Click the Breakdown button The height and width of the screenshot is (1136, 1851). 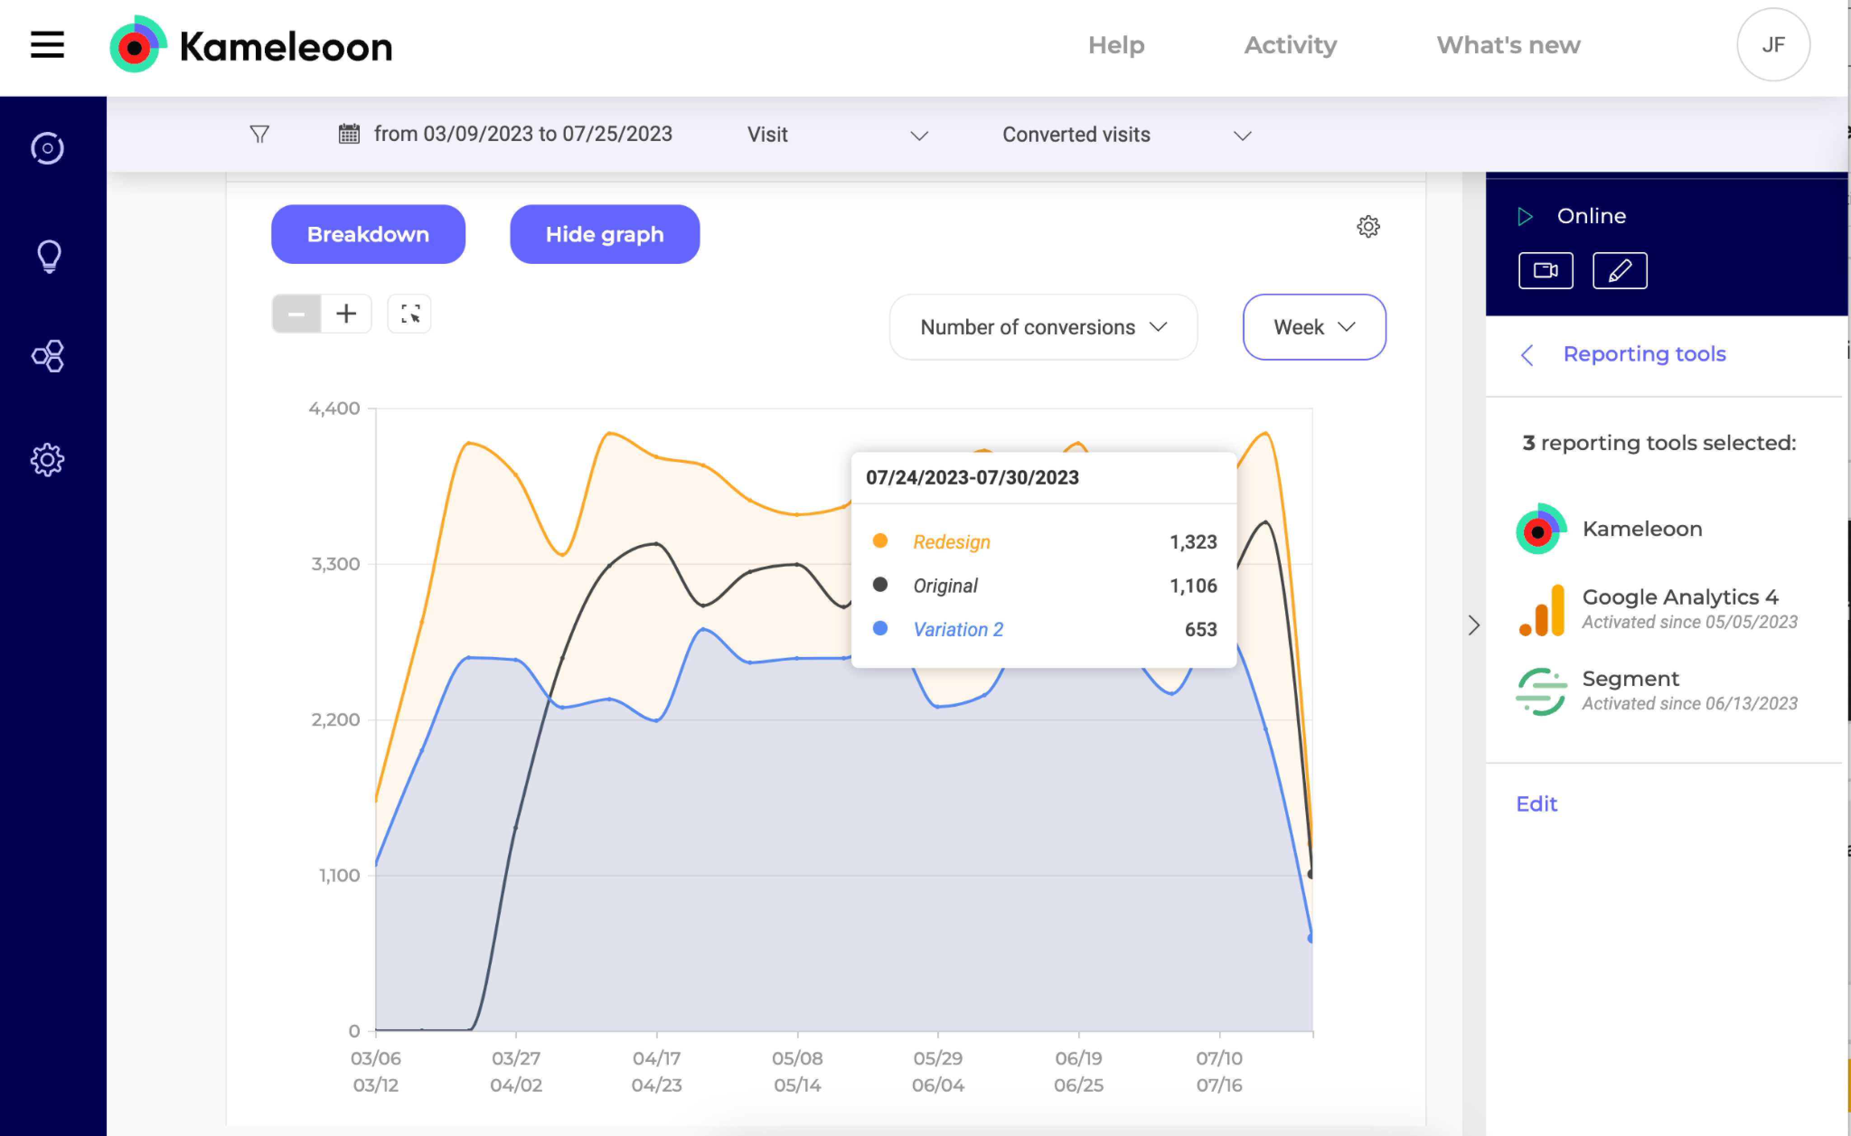(x=368, y=235)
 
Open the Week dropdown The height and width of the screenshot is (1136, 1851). (x=1313, y=327)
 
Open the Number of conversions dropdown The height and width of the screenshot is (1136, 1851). (x=1043, y=327)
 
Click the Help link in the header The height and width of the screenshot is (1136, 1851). (x=1116, y=45)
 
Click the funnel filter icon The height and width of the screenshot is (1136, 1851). (x=259, y=135)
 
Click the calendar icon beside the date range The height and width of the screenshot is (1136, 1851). (x=348, y=135)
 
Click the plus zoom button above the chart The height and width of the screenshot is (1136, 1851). (x=346, y=313)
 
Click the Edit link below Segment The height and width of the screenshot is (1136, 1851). (x=1536, y=804)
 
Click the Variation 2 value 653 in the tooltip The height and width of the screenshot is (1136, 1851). (x=1200, y=629)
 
